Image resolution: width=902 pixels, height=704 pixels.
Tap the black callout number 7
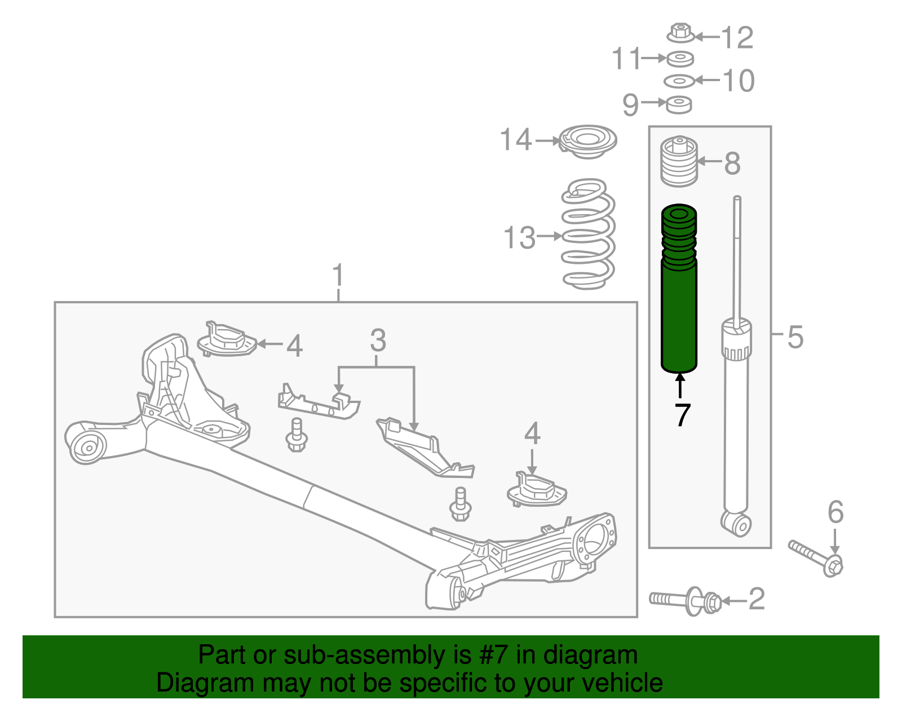point(682,415)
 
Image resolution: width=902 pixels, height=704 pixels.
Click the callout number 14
point(516,140)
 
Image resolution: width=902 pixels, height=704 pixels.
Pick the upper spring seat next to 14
point(588,141)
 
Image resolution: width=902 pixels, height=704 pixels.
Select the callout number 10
point(739,81)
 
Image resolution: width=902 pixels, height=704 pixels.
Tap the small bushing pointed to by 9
point(679,104)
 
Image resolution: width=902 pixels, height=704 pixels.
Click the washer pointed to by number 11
point(680,58)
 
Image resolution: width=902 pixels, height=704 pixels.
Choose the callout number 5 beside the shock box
point(795,337)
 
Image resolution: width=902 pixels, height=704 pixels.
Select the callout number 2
point(757,599)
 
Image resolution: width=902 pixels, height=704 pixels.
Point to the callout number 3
point(378,340)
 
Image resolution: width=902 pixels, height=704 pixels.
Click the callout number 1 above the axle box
point(338,276)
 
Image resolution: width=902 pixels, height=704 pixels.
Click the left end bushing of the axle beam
point(87,446)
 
